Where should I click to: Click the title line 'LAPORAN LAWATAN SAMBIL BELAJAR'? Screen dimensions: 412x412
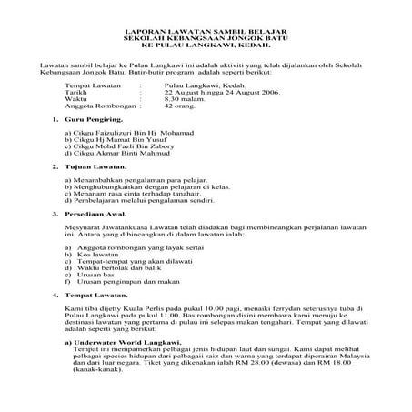coord(206,30)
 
